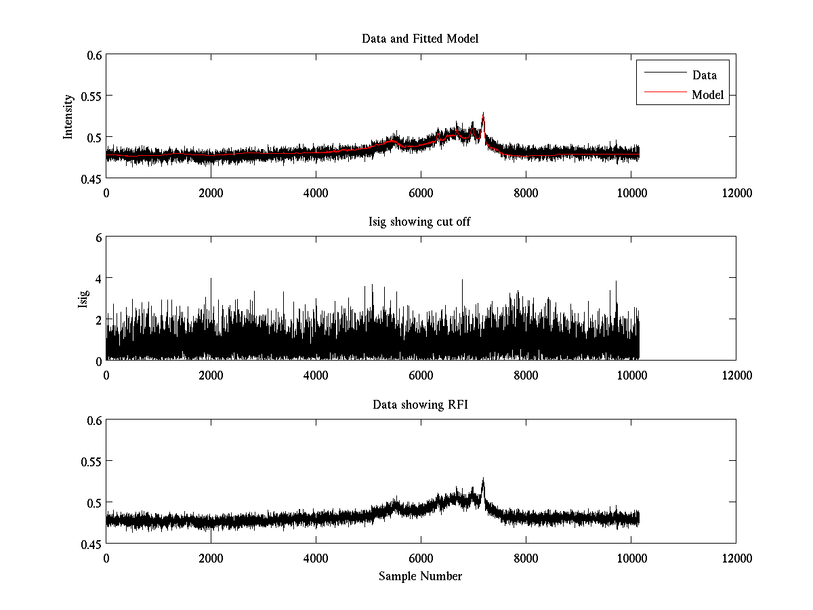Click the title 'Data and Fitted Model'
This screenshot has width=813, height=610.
pyautogui.click(x=420, y=39)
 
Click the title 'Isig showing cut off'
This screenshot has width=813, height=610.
pyautogui.click(x=420, y=222)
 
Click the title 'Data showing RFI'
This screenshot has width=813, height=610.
pyautogui.click(x=420, y=405)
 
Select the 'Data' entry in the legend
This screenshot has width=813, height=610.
pyautogui.click(x=704, y=75)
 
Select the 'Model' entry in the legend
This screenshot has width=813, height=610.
pyautogui.click(x=707, y=95)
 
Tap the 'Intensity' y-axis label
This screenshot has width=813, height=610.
pyautogui.click(x=68, y=117)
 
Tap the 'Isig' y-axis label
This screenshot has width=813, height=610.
pyautogui.click(x=83, y=299)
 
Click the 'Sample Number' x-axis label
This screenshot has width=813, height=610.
pyautogui.click(x=420, y=576)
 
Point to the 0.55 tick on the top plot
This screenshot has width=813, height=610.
pyautogui.click(x=91, y=96)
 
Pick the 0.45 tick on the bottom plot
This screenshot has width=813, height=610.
pyautogui.click(x=91, y=544)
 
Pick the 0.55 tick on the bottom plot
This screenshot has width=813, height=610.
pyautogui.click(x=91, y=462)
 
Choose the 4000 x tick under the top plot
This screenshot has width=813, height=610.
pyautogui.click(x=316, y=193)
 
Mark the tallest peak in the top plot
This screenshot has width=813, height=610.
pyautogui.click(x=483, y=114)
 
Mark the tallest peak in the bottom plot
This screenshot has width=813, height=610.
pyautogui.click(x=483, y=479)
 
